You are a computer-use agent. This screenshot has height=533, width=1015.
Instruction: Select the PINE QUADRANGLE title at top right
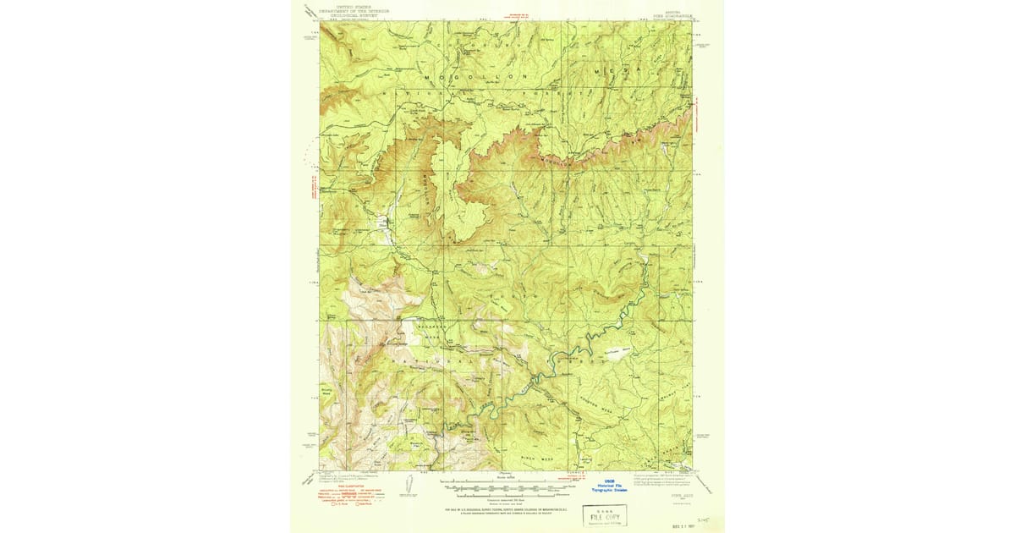coord(673,14)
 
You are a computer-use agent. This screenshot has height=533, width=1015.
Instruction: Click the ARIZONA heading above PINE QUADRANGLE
coord(673,6)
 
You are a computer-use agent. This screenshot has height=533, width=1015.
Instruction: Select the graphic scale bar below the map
coord(506,488)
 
